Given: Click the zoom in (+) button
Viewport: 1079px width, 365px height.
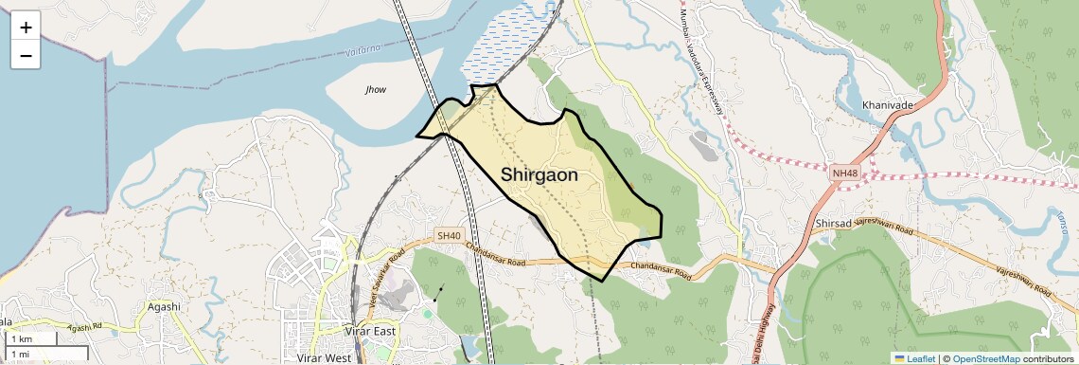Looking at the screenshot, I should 26,27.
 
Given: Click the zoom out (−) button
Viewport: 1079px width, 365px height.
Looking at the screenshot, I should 26,55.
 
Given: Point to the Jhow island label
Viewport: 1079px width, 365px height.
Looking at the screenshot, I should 376,89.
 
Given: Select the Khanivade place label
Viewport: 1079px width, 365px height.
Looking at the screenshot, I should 888,104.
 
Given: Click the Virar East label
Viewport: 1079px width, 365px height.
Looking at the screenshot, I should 370,331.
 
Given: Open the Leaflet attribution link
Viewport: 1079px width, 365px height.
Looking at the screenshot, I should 913,358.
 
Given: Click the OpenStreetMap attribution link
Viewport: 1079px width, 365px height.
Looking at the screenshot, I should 985,358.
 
